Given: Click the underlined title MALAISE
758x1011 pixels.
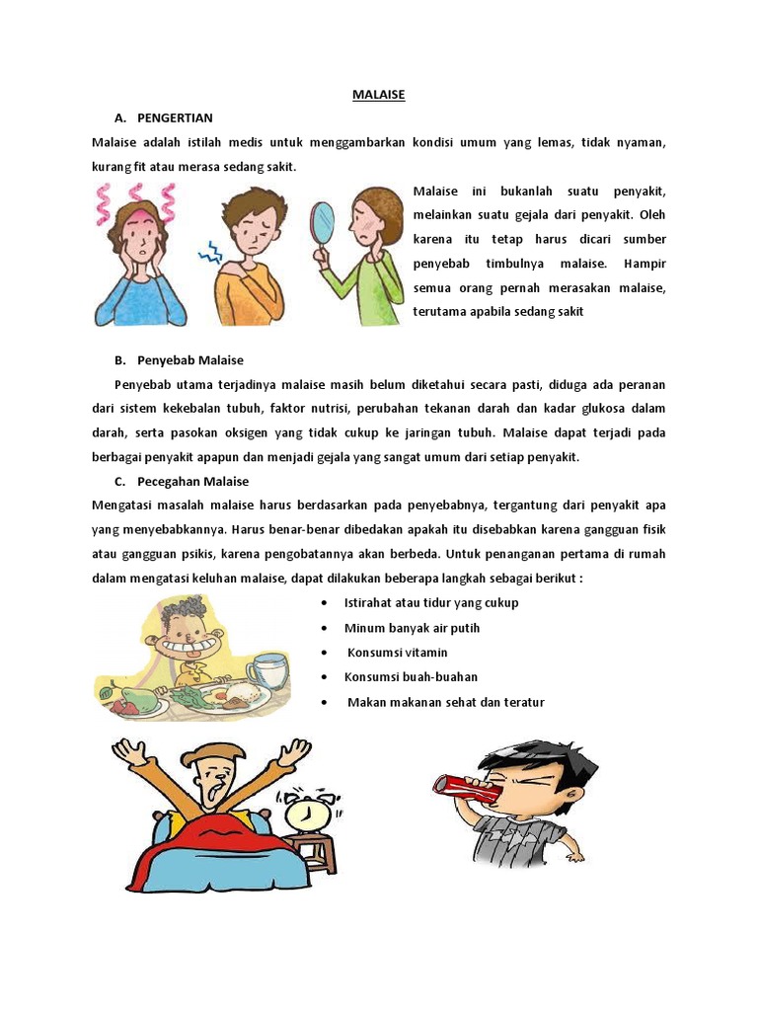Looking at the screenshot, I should pos(379,95).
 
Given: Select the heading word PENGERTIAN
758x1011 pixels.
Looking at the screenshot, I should pos(176,118).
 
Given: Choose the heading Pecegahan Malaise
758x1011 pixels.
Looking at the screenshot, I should pos(193,481).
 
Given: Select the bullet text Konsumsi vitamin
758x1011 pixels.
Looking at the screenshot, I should pos(397,653).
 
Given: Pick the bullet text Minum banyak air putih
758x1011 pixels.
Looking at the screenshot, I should pos(412,628).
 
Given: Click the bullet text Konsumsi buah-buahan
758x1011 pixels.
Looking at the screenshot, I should pos(411,677).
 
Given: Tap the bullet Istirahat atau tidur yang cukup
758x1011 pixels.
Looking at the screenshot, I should pos(430,602).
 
